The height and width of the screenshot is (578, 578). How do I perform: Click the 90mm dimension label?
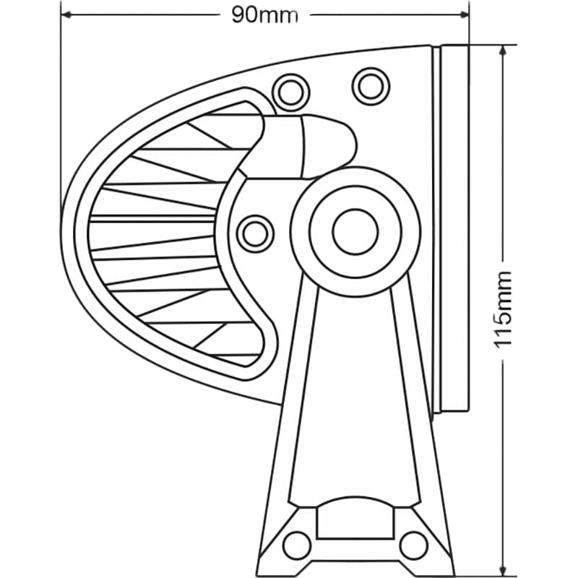click(x=264, y=15)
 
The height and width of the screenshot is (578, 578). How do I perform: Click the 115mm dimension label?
click(x=504, y=309)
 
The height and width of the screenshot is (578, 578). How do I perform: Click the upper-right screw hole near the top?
click(x=371, y=85)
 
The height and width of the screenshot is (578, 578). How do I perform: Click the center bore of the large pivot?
click(x=355, y=231)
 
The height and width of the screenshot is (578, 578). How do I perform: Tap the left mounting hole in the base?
click(x=296, y=544)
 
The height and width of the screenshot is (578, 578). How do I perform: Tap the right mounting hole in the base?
click(x=413, y=544)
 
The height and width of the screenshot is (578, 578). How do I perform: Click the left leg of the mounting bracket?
click(x=296, y=405)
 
